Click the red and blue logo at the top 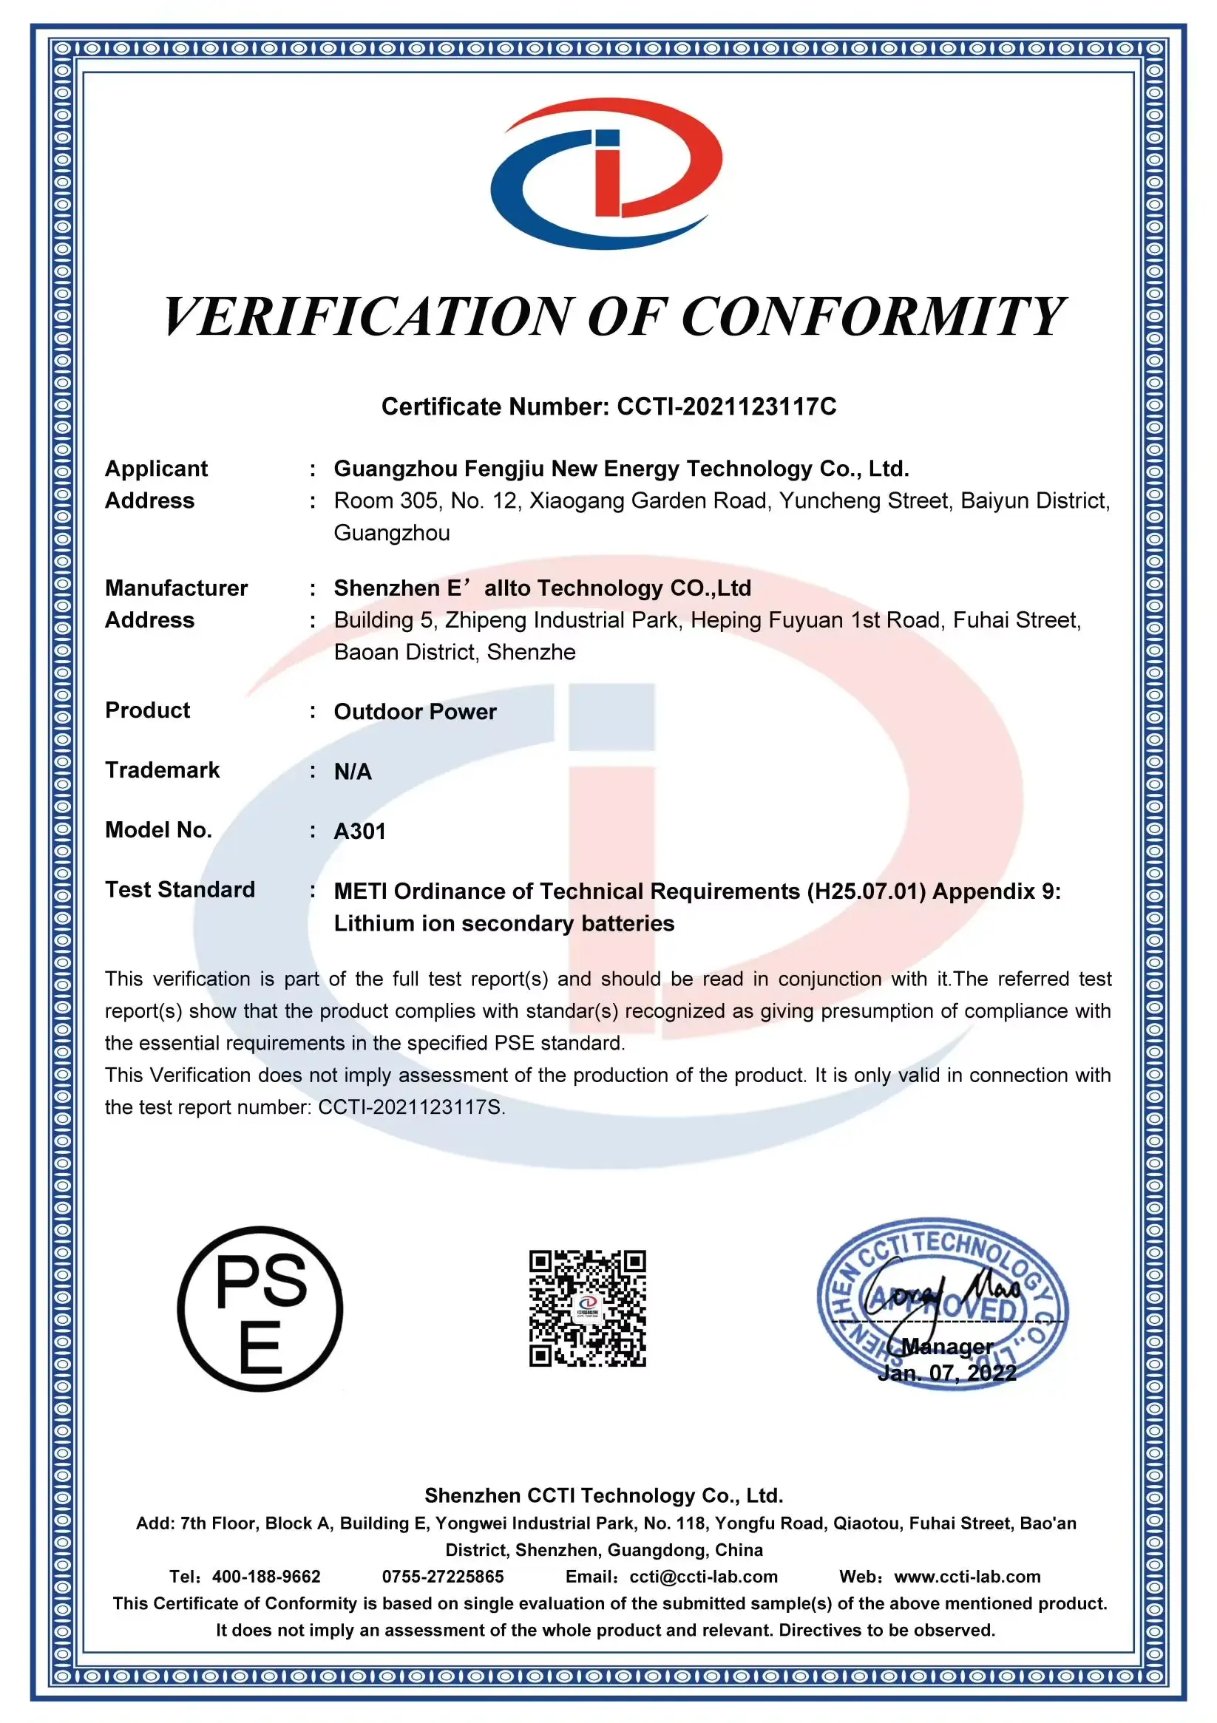(x=606, y=174)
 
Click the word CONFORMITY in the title (x=872, y=316)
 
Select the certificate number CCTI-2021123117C (x=726, y=407)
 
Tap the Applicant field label (x=156, y=469)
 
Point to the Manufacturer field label (x=177, y=588)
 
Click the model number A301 (x=359, y=832)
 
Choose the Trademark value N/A (x=353, y=772)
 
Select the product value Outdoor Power (x=416, y=712)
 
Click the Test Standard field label (x=180, y=890)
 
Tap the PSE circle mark (x=260, y=1309)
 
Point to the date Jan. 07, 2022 (x=946, y=1373)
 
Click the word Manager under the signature (x=946, y=1346)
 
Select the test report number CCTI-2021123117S (x=410, y=1107)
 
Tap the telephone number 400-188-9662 (x=266, y=1577)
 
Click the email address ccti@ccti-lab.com (x=703, y=1577)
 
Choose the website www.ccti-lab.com (x=967, y=1577)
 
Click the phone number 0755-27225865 (x=443, y=1577)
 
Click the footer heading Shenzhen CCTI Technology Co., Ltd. (x=603, y=1495)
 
